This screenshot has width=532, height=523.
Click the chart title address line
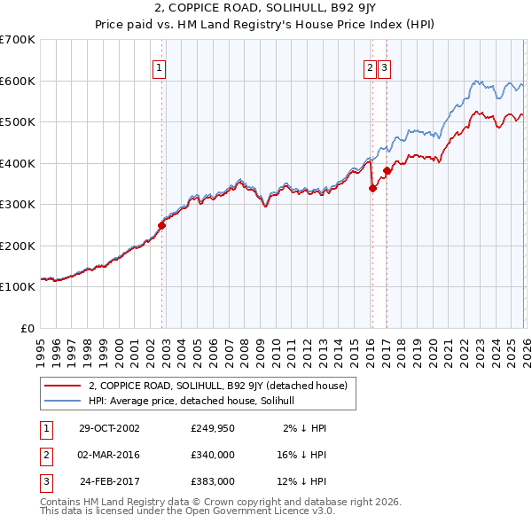(x=265, y=10)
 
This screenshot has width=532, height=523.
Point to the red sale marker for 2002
(x=162, y=225)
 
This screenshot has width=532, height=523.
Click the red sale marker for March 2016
(x=372, y=188)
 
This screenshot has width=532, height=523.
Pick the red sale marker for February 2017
(x=387, y=170)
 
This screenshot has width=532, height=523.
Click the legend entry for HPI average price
(x=196, y=401)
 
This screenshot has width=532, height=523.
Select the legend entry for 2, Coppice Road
(x=223, y=386)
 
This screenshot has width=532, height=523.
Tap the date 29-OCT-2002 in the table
(x=109, y=428)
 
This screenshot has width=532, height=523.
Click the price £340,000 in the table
(x=213, y=455)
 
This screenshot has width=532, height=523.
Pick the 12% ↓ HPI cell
(x=306, y=481)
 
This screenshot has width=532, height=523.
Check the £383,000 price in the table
(x=213, y=481)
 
